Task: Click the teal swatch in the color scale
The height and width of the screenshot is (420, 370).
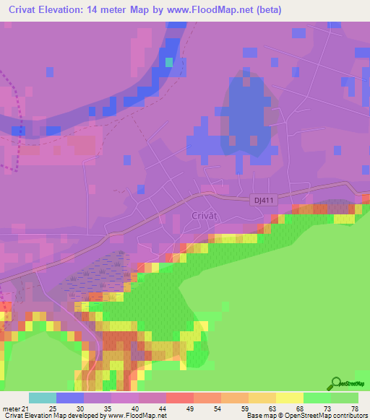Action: tap(43, 398)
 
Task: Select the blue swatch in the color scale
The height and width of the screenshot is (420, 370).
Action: tap(70, 398)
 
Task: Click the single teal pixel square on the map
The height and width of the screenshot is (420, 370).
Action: tap(169, 62)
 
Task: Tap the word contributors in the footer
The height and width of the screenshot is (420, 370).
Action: tap(350, 416)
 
